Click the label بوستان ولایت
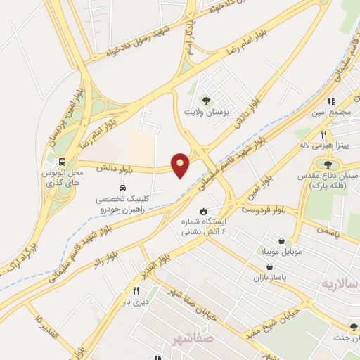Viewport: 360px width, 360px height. pos(202,112)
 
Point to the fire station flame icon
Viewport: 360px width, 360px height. pos(204,210)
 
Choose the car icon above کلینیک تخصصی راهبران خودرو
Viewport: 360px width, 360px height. pos(123,188)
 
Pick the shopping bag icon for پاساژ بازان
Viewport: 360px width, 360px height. pos(271,266)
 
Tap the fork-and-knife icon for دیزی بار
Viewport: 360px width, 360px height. pos(136,290)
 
